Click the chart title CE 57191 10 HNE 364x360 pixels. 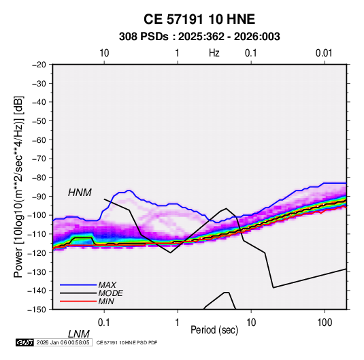click(x=199, y=19)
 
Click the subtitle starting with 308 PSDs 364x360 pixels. click(x=199, y=37)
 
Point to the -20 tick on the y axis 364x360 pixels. click(x=39, y=65)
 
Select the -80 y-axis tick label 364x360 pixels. click(x=39, y=178)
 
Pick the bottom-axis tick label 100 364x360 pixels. click(x=325, y=323)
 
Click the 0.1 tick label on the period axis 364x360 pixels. click(x=104, y=323)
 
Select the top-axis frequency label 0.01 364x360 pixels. click(x=324, y=53)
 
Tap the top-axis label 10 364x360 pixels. click(x=104, y=53)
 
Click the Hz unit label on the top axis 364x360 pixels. click(x=214, y=53)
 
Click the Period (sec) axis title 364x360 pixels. click(x=214, y=330)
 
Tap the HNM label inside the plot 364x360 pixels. click(x=80, y=193)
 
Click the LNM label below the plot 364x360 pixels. click(x=79, y=334)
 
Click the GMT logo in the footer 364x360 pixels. click(x=25, y=342)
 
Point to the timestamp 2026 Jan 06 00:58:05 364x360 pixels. click(x=63, y=342)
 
